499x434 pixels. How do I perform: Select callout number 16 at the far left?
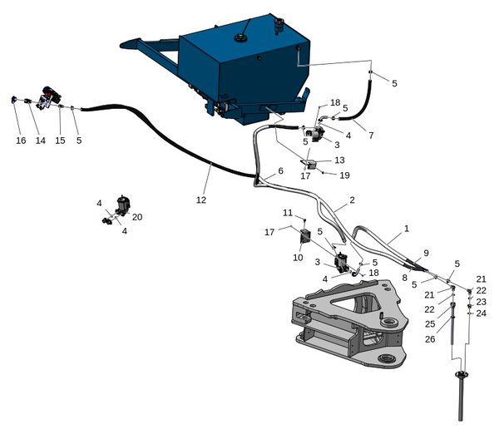pyautogui.click(x=21, y=141)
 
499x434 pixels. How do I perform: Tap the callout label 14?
pyautogui.click(x=40, y=141)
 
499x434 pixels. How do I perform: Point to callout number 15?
pyautogui.click(x=60, y=141)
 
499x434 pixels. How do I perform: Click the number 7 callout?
pyautogui.click(x=372, y=135)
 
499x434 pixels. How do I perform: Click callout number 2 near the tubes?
pyautogui.click(x=352, y=200)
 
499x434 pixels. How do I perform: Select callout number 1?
pyautogui.click(x=407, y=228)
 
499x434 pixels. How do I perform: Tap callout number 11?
pyautogui.click(x=288, y=213)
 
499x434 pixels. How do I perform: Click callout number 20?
pyautogui.click(x=137, y=216)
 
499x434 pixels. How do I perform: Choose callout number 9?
pyautogui.click(x=426, y=253)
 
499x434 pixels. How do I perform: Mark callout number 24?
pyautogui.click(x=481, y=313)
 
